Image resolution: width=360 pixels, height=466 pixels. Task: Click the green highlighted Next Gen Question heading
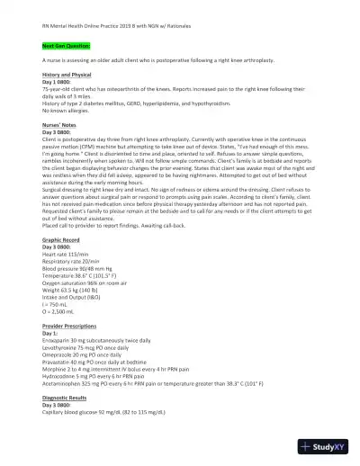pos(67,43)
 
